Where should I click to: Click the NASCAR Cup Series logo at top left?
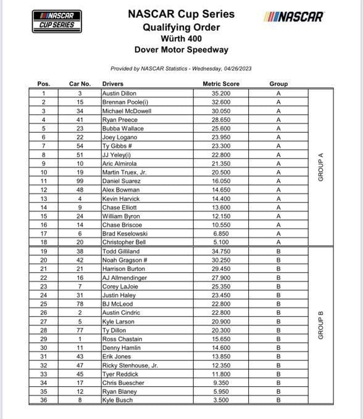(x=57, y=20)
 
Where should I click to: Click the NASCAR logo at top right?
(x=293, y=17)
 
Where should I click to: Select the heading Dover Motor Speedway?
(x=181, y=50)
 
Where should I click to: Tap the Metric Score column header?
(x=221, y=84)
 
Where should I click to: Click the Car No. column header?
(x=80, y=84)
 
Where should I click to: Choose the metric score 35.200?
(x=221, y=93)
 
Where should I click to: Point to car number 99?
(x=80, y=181)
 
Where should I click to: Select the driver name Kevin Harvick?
(x=121, y=198)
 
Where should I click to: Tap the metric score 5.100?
(x=221, y=242)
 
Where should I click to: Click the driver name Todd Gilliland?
(x=121, y=251)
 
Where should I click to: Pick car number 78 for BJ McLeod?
(x=80, y=304)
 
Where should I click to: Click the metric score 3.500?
(x=221, y=401)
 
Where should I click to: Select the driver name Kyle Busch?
(x=117, y=401)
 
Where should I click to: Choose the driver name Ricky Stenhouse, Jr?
(x=130, y=365)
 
